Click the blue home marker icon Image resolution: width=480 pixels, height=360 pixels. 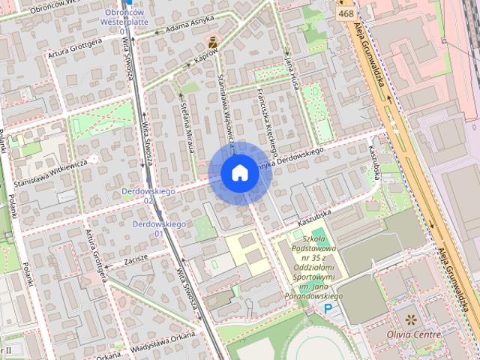point(239,173)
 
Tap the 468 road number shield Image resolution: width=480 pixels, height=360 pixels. point(346,13)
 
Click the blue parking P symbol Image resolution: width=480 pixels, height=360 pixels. point(328,308)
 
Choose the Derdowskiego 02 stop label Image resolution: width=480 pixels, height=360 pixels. point(148,196)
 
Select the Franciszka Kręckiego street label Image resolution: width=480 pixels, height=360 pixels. point(267,115)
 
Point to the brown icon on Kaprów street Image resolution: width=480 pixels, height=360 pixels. point(214,40)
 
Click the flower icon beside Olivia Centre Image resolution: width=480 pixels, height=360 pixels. point(409,319)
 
